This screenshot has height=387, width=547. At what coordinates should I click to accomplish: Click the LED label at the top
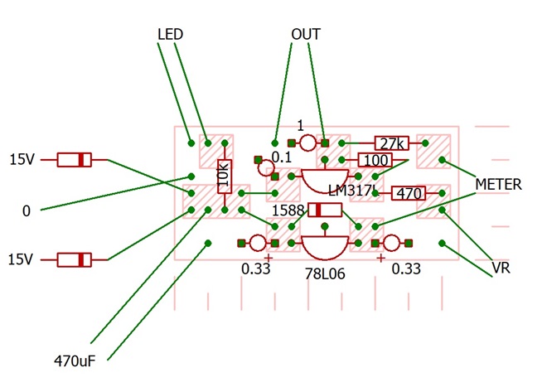(170, 34)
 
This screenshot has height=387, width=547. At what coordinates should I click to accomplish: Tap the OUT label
(306, 34)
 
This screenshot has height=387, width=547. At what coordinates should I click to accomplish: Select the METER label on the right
(498, 184)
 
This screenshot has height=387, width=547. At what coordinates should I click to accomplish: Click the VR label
(501, 268)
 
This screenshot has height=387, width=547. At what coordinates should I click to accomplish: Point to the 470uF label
(75, 361)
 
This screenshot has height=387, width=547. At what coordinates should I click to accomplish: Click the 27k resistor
(391, 143)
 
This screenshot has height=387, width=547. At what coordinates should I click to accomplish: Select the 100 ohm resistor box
(375, 160)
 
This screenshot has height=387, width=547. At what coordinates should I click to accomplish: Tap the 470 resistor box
(409, 193)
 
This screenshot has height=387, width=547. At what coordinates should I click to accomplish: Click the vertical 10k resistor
(225, 177)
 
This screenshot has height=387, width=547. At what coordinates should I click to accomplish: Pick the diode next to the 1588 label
(325, 210)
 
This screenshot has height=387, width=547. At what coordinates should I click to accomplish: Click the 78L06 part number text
(325, 274)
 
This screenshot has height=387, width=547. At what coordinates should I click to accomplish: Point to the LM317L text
(353, 191)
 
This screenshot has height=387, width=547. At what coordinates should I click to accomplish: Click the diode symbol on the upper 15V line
(74, 160)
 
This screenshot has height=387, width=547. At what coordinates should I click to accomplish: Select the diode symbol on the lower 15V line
(74, 260)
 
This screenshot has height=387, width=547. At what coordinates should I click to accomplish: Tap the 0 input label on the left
(27, 211)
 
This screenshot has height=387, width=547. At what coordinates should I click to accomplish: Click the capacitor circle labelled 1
(307, 143)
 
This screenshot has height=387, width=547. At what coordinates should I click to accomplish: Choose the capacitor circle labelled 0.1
(266, 168)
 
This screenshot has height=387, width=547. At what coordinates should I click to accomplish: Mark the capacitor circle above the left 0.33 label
(258, 243)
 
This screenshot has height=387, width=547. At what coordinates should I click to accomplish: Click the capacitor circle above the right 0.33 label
(391, 243)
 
